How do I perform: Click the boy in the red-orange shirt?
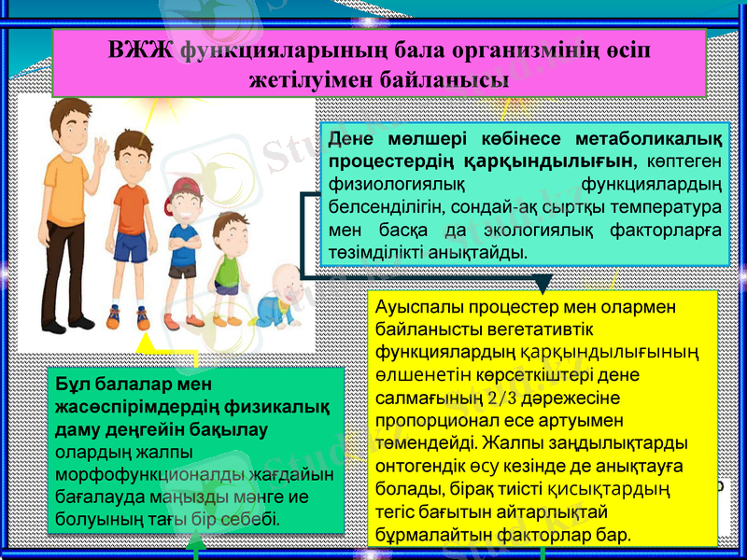click(130, 224)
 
